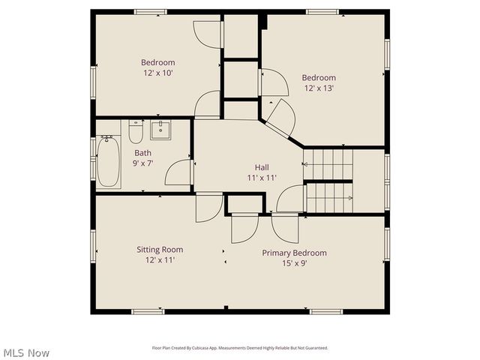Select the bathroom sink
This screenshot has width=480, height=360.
[160, 129]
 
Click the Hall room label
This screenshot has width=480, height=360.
[262, 167]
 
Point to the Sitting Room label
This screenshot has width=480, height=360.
[159, 250]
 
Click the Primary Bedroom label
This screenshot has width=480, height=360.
[294, 253]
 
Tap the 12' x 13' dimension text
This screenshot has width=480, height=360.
[319, 88]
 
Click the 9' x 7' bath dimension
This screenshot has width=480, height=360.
[142, 163]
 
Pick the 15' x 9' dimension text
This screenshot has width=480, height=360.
[294, 263]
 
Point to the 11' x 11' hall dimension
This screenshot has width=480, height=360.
[262, 178]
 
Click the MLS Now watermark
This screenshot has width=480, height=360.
[26, 352]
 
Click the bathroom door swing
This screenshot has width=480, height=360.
[178, 172]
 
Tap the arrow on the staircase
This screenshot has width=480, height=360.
[349, 198]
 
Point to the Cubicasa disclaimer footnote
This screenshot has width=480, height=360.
[240, 348]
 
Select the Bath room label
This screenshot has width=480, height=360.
[142, 152]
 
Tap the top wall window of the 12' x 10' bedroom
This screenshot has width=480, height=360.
[150, 12]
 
